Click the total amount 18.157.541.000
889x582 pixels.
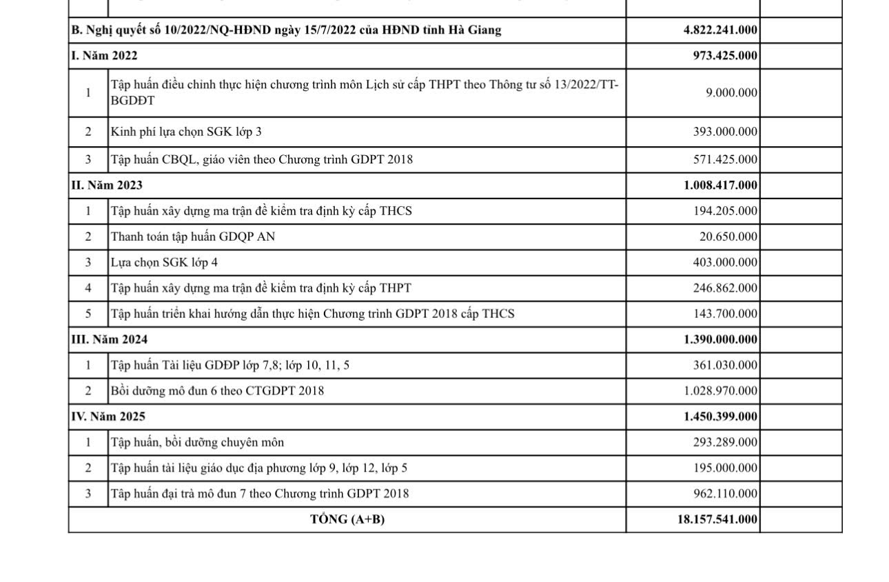pyautogui.click(x=717, y=519)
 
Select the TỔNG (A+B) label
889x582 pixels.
pyautogui.click(x=347, y=519)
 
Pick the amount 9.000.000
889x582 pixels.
pyautogui.click(x=731, y=92)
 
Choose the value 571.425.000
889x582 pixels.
pyautogui.click(x=725, y=159)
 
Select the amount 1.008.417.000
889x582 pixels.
pyautogui.click(x=720, y=185)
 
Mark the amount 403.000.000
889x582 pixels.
pyautogui.click(x=725, y=262)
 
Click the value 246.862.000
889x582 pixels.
pyautogui.click(x=725, y=288)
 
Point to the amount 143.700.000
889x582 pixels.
pyautogui.click(x=725, y=314)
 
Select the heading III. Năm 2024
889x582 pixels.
pyautogui.click(x=109, y=339)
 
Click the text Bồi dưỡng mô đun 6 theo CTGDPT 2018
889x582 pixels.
pyautogui.click(x=217, y=391)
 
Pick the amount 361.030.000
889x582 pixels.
pyautogui.click(x=725, y=365)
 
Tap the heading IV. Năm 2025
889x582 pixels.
pyautogui.click(x=108, y=417)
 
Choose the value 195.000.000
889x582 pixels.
pyautogui.click(x=725, y=468)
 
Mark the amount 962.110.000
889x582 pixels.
pyautogui.click(x=725, y=494)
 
